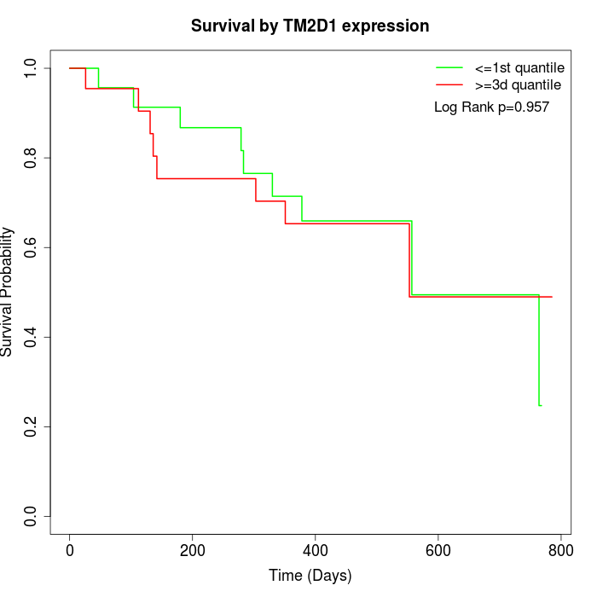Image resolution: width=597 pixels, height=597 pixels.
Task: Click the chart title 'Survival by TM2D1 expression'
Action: pos(310,26)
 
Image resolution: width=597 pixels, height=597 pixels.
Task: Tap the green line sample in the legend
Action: pos(449,67)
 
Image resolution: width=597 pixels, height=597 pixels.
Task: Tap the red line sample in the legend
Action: pos(449,84)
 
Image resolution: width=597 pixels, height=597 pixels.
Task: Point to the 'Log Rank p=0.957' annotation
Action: pos(491,107)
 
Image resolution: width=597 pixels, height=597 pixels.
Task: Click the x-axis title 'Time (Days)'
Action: pos(310,576)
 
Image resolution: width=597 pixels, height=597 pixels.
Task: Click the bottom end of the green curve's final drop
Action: pos(540,405)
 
